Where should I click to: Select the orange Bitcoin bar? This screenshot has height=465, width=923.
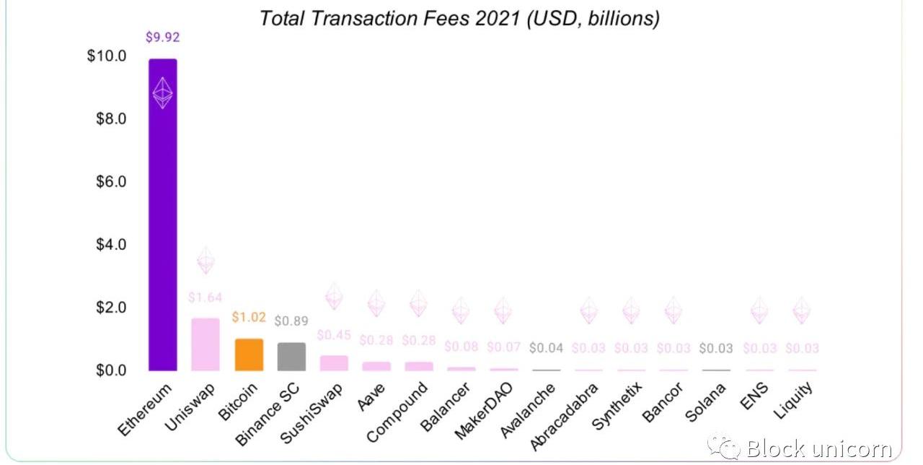point(249,355)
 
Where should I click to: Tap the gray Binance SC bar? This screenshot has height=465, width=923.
point(291,357)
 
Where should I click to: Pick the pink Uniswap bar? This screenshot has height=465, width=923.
point(206,344)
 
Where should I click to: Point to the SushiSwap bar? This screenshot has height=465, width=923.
point(334,363)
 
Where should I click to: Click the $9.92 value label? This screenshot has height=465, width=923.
point(163,38)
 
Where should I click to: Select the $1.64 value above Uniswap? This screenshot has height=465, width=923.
point(206,297)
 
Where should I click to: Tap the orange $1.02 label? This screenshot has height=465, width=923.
point(249,317)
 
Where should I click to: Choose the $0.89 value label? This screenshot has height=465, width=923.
point(291,321)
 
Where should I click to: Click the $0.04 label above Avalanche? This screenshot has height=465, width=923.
point(547,348)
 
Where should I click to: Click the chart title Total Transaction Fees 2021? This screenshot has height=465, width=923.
point(459,18)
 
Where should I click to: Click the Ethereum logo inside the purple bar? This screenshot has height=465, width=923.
point(163,93)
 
